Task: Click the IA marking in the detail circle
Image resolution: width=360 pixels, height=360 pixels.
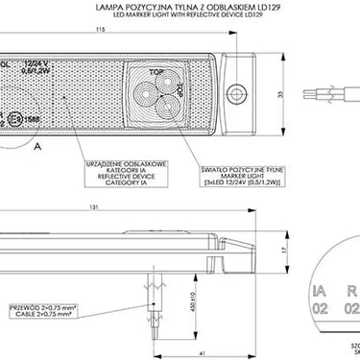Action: [319, 288]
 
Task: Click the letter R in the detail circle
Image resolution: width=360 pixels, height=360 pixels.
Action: [351, 288]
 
